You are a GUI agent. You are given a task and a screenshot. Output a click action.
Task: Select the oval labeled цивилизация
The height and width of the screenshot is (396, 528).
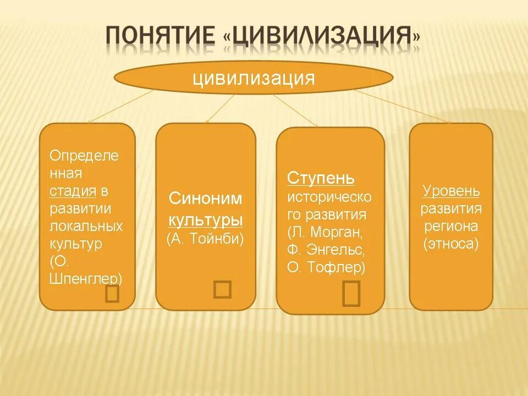(x=254, y=78)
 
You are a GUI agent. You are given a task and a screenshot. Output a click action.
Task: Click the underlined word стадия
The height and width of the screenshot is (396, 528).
(x=73, y=191)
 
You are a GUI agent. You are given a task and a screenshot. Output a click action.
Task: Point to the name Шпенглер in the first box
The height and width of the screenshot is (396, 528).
(x=86, y=278)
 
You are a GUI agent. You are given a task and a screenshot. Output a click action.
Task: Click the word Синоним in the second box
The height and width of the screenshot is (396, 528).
(x=205, y=199)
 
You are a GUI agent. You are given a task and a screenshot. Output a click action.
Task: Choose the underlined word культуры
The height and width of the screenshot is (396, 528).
(x=205, y=220)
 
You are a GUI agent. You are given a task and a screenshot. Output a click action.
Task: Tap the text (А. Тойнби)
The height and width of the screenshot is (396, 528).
(x=205, y=239)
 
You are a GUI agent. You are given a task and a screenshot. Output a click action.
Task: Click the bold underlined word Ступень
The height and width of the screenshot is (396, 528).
(x=321, y=179)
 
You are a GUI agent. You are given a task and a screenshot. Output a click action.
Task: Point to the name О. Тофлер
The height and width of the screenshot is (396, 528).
(x=326, y=267)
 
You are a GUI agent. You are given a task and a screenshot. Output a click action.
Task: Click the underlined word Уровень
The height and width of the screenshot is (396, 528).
(x=451, y=191)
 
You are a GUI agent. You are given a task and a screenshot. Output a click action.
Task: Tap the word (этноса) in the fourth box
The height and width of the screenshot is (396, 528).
(x=451, y=244)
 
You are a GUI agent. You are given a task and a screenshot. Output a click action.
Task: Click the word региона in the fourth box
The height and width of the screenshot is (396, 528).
(x=451, y=226)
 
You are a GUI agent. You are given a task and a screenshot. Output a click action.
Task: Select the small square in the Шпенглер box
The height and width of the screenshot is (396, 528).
(x=112, y=294)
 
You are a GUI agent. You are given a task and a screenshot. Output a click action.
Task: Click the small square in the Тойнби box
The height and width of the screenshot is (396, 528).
(x=222, y=289)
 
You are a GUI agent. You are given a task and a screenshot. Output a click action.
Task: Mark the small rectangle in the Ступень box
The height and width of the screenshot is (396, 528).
(x=351, y=293)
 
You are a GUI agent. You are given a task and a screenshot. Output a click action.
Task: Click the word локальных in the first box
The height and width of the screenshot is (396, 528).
(x=86, y=226)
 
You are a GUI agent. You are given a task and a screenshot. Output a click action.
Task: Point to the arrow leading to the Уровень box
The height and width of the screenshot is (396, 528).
(x=402, y=107)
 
